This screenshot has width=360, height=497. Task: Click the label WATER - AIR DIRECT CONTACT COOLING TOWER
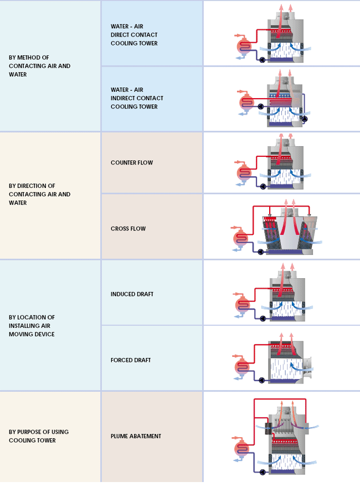[134, 35]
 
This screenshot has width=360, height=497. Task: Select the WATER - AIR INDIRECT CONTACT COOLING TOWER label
[137, 98]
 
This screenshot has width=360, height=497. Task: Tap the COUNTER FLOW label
[132, 162]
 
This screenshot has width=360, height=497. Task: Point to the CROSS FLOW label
[128, 228]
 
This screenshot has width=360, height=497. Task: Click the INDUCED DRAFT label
[132, 294]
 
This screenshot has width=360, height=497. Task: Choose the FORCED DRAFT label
[131, 360]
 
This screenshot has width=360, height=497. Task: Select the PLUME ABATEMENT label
[136, 436]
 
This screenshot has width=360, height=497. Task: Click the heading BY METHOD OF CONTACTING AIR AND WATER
[40, 66]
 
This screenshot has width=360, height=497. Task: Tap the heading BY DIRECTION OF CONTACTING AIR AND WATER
[40, 194]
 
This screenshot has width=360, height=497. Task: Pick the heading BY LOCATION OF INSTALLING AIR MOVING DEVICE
[32, 326]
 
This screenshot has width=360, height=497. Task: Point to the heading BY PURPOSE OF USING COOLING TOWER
[39, 436]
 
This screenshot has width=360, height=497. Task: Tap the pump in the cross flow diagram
[260, 252]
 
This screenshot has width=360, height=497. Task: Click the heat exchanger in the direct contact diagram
[244, 47]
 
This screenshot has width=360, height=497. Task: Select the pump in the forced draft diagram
[262, 380]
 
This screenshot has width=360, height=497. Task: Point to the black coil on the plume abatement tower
[269, 428]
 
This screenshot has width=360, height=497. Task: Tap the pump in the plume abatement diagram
[263, 472]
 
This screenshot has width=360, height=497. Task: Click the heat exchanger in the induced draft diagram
[243, 305]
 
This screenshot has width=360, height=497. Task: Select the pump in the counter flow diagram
[263, 186]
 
